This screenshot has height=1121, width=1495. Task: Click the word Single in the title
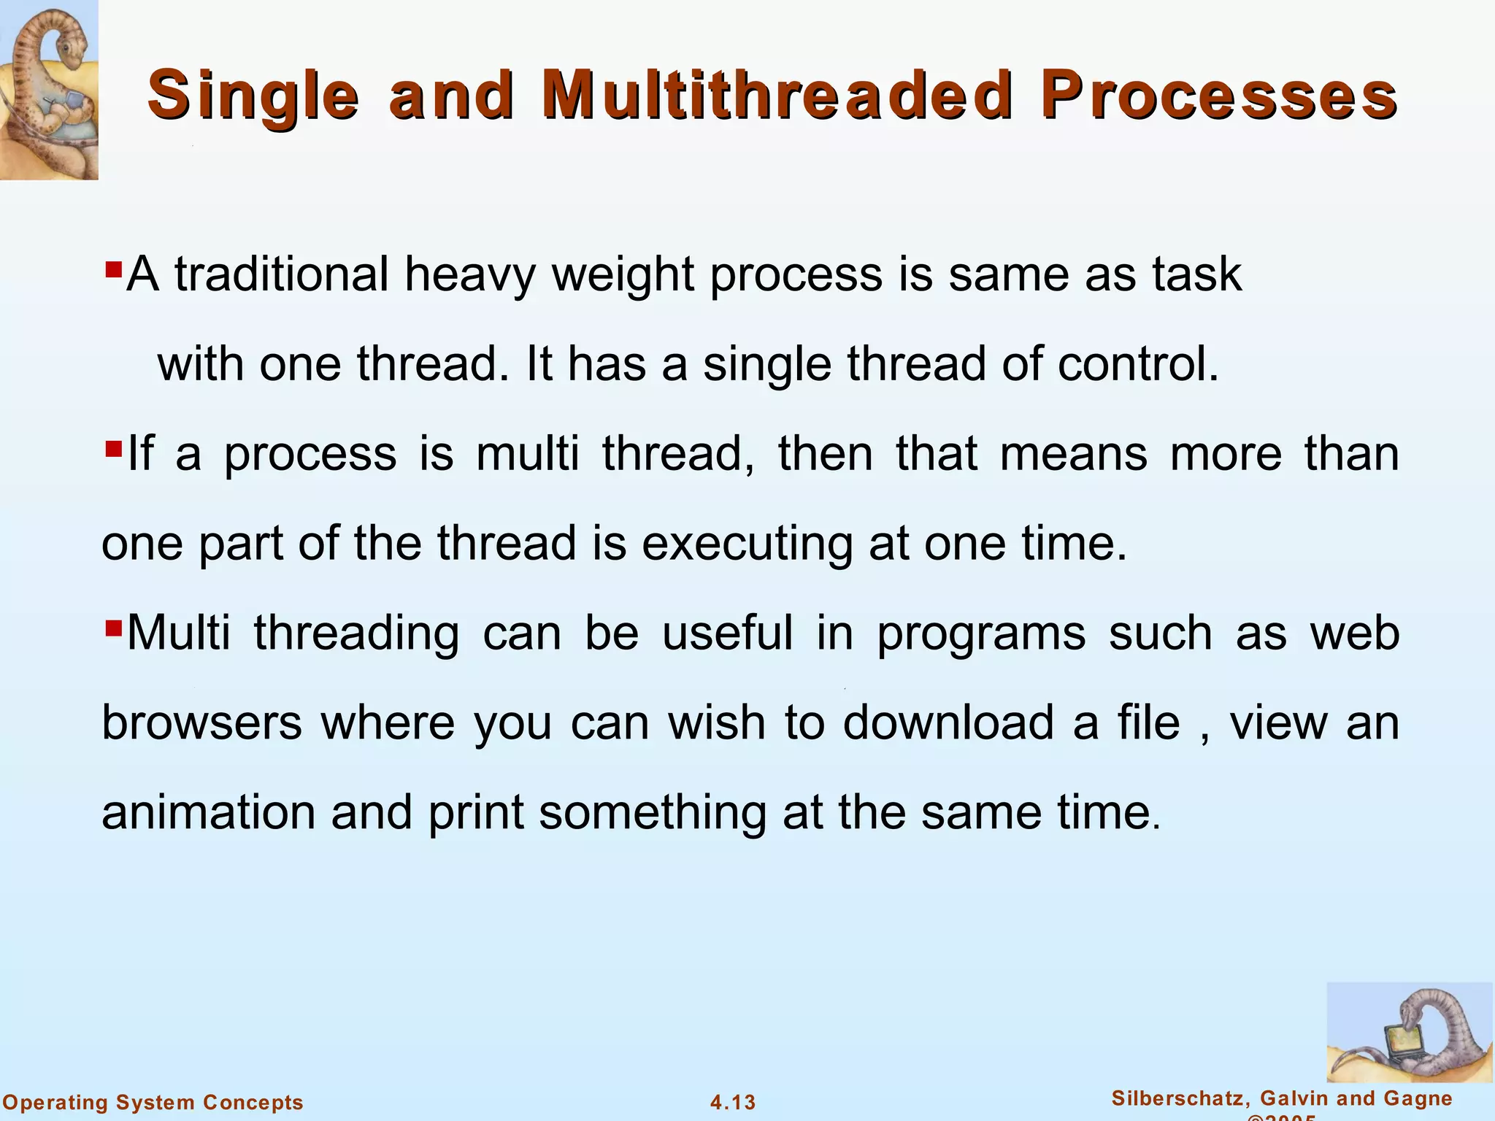point(253,96)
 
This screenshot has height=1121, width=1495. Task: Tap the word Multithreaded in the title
point(777,95)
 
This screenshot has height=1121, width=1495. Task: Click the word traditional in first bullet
point(281,274)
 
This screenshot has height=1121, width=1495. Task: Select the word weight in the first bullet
point(622,276)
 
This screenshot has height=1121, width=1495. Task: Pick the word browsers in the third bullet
point(201,723)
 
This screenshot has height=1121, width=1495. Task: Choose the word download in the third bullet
point(948,723)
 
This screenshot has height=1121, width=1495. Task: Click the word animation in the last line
point(208,813)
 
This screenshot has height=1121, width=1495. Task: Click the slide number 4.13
point(733,1102)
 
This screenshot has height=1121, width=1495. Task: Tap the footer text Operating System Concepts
point(153,1102)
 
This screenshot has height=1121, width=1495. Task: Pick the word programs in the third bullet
point(981,633)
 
